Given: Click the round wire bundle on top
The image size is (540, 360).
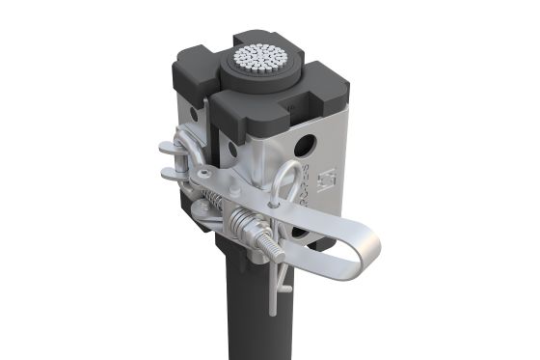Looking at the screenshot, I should click(x=261, y=60).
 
